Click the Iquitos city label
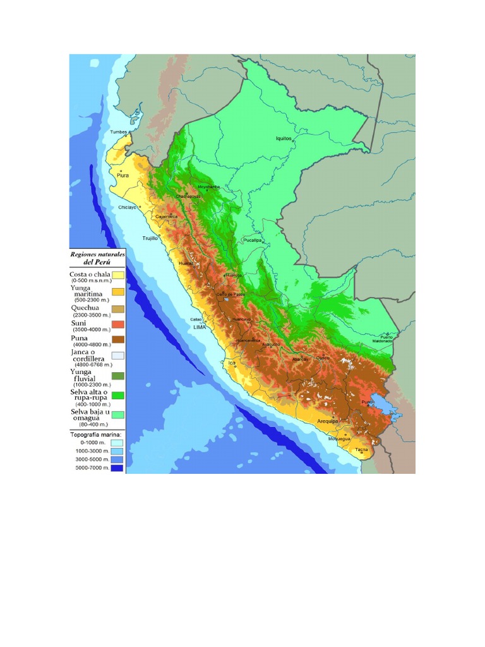point(284,138)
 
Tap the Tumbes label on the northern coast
point(119,132)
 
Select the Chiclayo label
point(128,207)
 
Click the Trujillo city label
point(150,238)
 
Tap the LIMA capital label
point(200,327)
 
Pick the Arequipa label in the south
point(328,420)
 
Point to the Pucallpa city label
point(253,241)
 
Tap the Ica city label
point(231,363)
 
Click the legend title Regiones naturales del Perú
point(97,258)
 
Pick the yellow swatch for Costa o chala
point(118,275)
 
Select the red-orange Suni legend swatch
point(118,324)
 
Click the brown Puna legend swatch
point(118,339)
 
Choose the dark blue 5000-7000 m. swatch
point(118,468)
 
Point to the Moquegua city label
point(339,439)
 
